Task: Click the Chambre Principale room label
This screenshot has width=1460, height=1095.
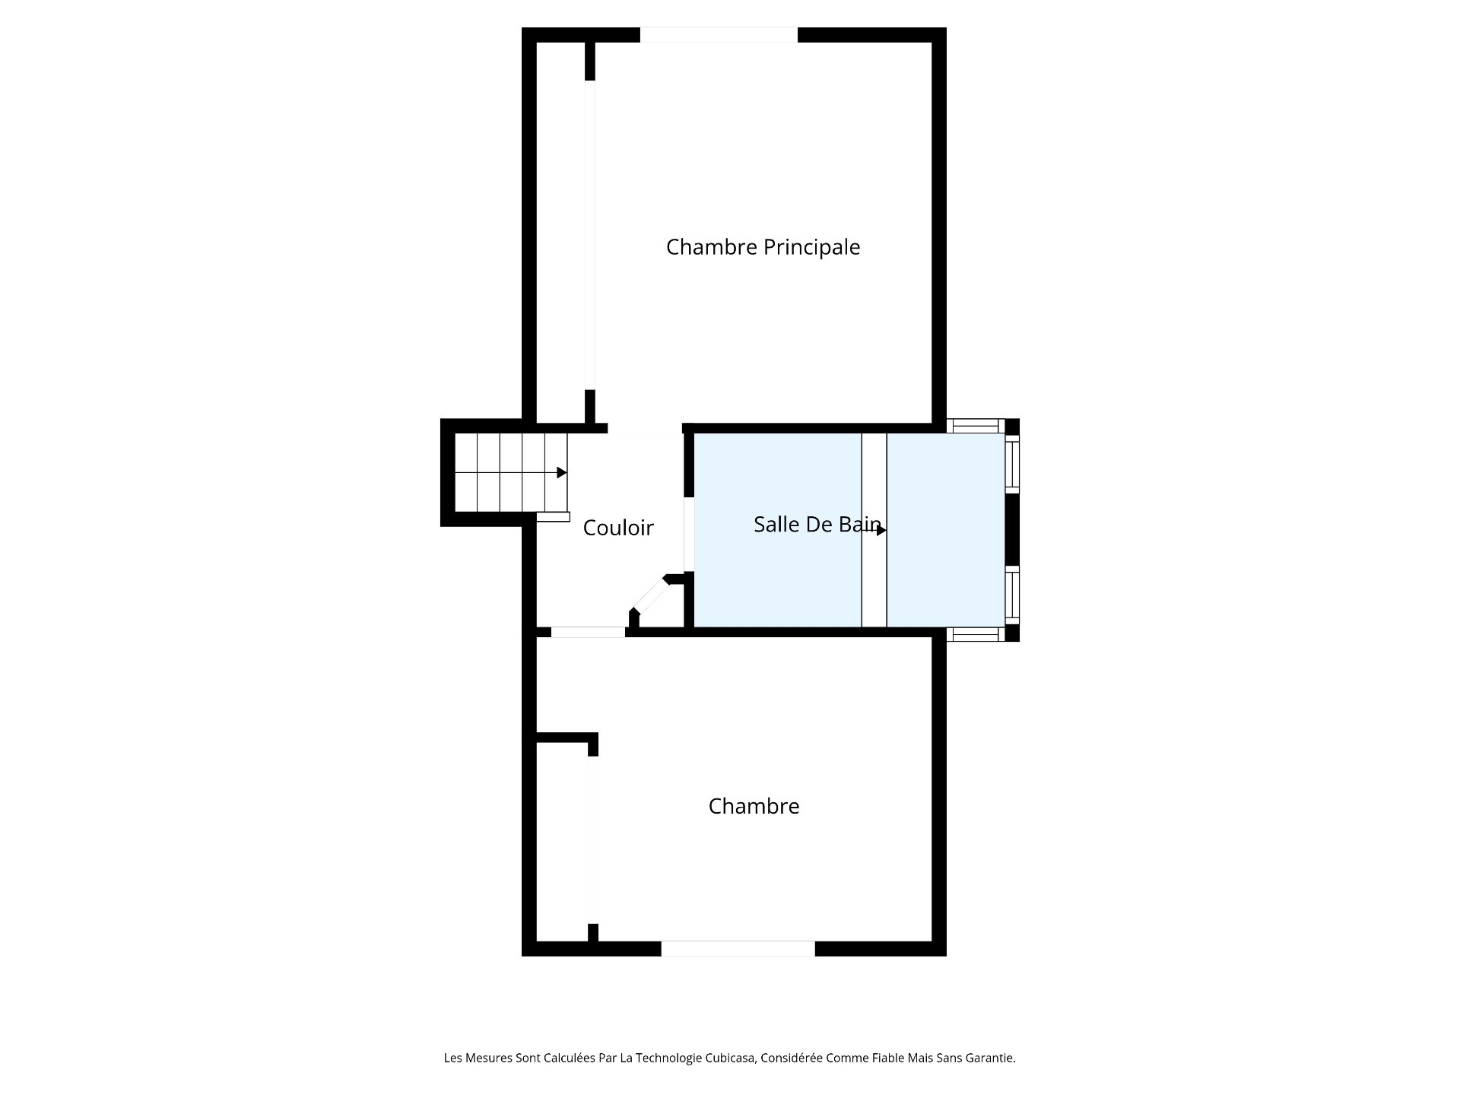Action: point(763,248)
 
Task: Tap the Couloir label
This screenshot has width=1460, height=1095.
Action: point(618,528)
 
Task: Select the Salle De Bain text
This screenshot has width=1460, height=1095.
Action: point(817,524)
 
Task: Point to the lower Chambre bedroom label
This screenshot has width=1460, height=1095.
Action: point(754,806)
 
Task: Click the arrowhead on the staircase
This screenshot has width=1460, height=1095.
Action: point(562,473)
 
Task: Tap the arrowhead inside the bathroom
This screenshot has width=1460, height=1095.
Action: point(881,531)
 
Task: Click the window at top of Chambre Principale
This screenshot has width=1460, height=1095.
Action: point(719,35)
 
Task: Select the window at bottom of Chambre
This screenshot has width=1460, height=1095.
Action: point(738,948)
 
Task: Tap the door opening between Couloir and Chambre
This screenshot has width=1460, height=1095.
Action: point(588,632)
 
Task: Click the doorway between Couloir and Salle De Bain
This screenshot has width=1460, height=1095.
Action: point(689,535)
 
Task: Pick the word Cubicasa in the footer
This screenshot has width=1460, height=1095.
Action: point(728,1058)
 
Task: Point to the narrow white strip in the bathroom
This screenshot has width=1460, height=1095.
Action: point(874,530)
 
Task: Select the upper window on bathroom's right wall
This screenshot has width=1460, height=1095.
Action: point(1012,464)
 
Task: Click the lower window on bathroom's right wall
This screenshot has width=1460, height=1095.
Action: point(1012,595)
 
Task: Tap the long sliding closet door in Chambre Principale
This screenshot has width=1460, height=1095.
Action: point(589,235)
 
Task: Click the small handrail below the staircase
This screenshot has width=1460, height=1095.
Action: point(553,517)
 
